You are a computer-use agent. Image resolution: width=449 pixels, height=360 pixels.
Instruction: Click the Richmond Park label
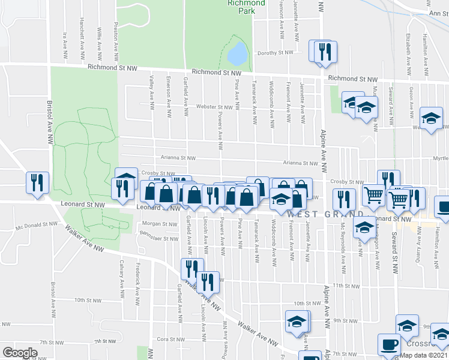246,7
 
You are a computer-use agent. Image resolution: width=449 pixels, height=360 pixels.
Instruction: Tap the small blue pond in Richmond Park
237,54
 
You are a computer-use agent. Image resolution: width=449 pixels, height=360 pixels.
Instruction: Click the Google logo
19,352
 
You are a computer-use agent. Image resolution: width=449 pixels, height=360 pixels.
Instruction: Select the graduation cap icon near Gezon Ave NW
431,118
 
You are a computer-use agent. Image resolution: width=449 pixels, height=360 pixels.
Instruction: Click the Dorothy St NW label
276,53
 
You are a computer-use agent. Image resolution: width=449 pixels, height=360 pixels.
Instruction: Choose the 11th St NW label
346,286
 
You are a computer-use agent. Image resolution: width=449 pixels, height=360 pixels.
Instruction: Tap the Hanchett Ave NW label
82,28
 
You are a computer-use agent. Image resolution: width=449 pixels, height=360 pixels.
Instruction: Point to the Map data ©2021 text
423,355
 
